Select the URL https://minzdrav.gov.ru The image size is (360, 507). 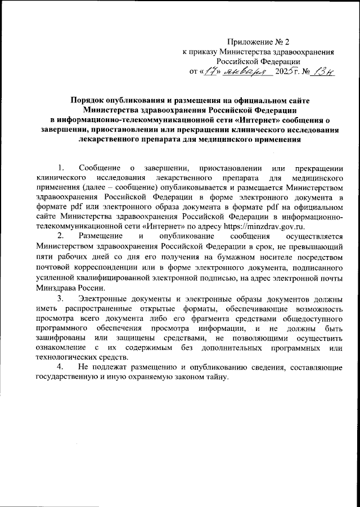(x=264, y=227)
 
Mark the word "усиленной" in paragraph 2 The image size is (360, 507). (x=54, y=277)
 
